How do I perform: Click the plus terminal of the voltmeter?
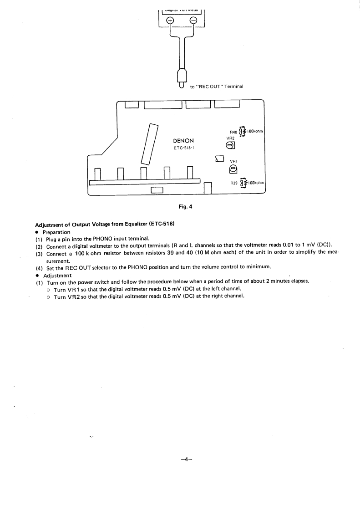[170, 20]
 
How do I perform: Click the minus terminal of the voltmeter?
[193, 20]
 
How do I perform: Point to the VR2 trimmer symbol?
[230, 145]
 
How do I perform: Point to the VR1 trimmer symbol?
[233, 169]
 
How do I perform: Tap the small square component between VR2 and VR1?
[219, 158]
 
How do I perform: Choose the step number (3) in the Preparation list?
[39, 254]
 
